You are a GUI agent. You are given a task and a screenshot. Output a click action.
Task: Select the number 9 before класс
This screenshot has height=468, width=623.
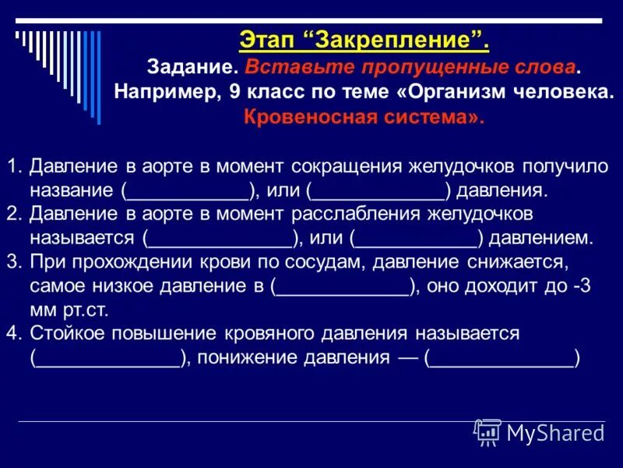tap(234, 90)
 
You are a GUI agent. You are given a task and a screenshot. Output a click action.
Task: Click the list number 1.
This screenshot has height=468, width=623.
tap(13, 167)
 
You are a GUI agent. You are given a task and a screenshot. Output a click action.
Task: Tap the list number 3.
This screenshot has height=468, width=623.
tap(13, 261)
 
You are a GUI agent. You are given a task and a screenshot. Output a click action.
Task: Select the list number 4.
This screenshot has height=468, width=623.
tap(13, 333)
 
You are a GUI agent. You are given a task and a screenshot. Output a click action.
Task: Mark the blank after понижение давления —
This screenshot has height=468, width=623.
tap(502, 357)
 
